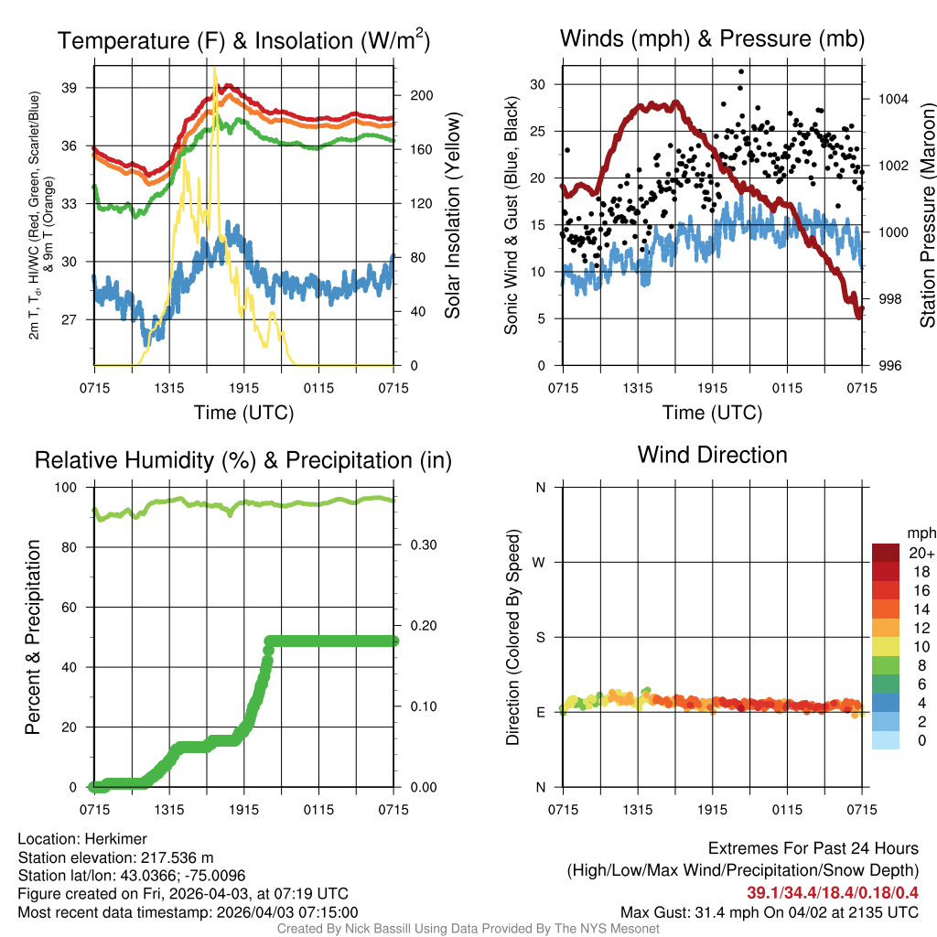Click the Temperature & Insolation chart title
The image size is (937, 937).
click(243, 40)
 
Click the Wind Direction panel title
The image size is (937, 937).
click(712, 455)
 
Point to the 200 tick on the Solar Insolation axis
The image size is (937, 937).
click(414, 95)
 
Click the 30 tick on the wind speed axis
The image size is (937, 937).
click(538, 84)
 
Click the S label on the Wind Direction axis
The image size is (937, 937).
click(541, 637)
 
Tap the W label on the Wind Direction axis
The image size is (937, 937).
click(540, 562)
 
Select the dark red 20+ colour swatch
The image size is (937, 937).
click(886, 553)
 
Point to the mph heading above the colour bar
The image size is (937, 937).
click(919, 533)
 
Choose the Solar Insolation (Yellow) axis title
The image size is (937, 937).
click(453, 216)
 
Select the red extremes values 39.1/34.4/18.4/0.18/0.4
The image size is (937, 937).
click(833, 892)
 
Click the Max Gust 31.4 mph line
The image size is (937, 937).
click(769, 911)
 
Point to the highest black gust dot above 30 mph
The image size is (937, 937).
click(741, 71)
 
